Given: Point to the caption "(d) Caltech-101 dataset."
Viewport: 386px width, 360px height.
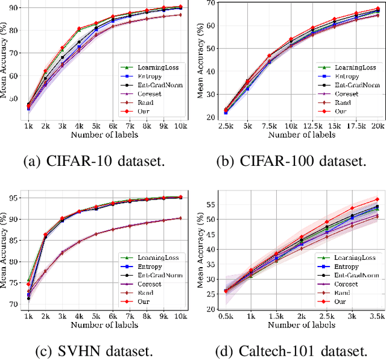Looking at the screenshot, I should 291,351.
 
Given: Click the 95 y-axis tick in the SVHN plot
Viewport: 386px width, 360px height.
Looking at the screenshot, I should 14,197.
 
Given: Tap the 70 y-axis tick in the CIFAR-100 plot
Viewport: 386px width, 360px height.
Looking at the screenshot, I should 210,3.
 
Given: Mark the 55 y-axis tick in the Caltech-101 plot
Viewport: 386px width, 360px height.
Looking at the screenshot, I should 210,204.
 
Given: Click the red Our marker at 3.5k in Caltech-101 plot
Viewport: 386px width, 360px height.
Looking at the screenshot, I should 377,199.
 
